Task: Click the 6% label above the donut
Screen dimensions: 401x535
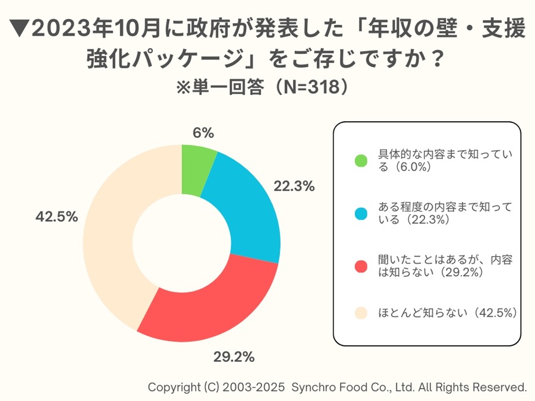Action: click(x=203, y=133)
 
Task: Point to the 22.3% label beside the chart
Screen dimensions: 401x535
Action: click(x=294, y=187)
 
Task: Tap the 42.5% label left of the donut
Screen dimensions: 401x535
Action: click(x=56, y=217)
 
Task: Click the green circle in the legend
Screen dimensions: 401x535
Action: click(x=361, y=160)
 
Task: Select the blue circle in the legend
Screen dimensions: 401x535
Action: click(x=361, y=213)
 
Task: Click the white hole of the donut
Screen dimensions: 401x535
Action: click(x=181, y=244)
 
